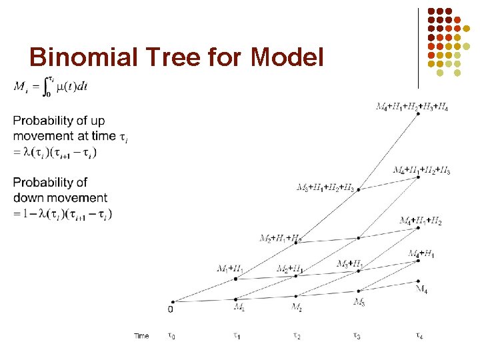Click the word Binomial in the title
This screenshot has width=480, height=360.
click(x=78, y=57)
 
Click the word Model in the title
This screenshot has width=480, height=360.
click(x=287, y=57)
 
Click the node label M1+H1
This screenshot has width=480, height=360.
click(x=230, y=269)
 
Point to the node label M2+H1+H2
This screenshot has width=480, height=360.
click(x=281, y=238)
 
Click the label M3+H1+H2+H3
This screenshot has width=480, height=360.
click(x=325, y=187)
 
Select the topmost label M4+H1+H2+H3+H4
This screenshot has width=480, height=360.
click(x=411, y=106)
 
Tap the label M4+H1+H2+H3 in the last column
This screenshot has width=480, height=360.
click(x=421, y=170)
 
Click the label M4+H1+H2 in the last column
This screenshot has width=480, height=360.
click(x=421, y=221)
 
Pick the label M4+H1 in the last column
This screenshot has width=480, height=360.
click(x=421, y=254)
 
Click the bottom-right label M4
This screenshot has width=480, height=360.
click(x=421, y=289)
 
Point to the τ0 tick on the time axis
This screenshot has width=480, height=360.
click(x=171, y=336)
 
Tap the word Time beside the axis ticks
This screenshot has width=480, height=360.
click(x=141, y=336)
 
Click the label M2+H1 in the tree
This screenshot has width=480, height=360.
click(x=290, y=269)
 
